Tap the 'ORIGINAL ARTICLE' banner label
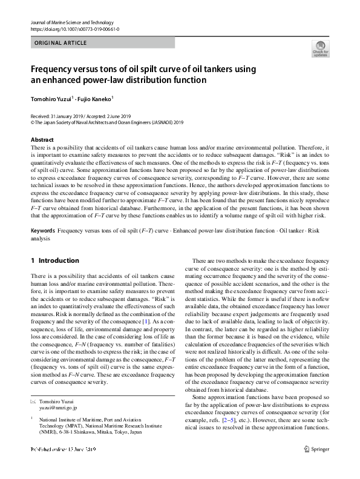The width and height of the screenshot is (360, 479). click(x=61, y=43)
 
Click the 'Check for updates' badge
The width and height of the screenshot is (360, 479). click(x=319, y=49)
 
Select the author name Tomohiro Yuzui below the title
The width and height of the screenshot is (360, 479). click(x=51, y=98)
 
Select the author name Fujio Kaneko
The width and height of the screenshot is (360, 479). click(x=95, y=98)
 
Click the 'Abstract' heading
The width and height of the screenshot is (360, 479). click(x=42, y=140)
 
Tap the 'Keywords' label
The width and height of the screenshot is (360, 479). click(x=43, y=214)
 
